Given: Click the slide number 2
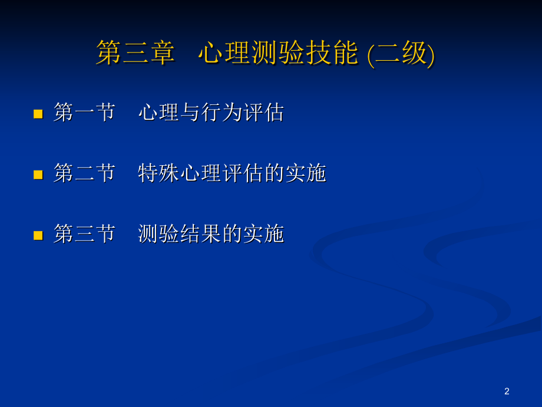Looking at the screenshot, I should [507, 391].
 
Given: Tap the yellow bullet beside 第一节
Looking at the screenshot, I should [38, 113].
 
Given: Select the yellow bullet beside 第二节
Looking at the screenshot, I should [38, 175].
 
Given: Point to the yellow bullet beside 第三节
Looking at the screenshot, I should [38, 235].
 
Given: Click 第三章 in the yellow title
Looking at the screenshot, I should [135, 54].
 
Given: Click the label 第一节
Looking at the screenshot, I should [84, 112].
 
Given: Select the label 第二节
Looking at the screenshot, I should [84, 173].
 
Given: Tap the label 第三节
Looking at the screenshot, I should [84, 234].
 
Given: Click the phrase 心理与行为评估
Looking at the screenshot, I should [211, 112].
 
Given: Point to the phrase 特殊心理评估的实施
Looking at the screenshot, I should [232, 173].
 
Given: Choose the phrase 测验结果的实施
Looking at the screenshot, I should [211, 234].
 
